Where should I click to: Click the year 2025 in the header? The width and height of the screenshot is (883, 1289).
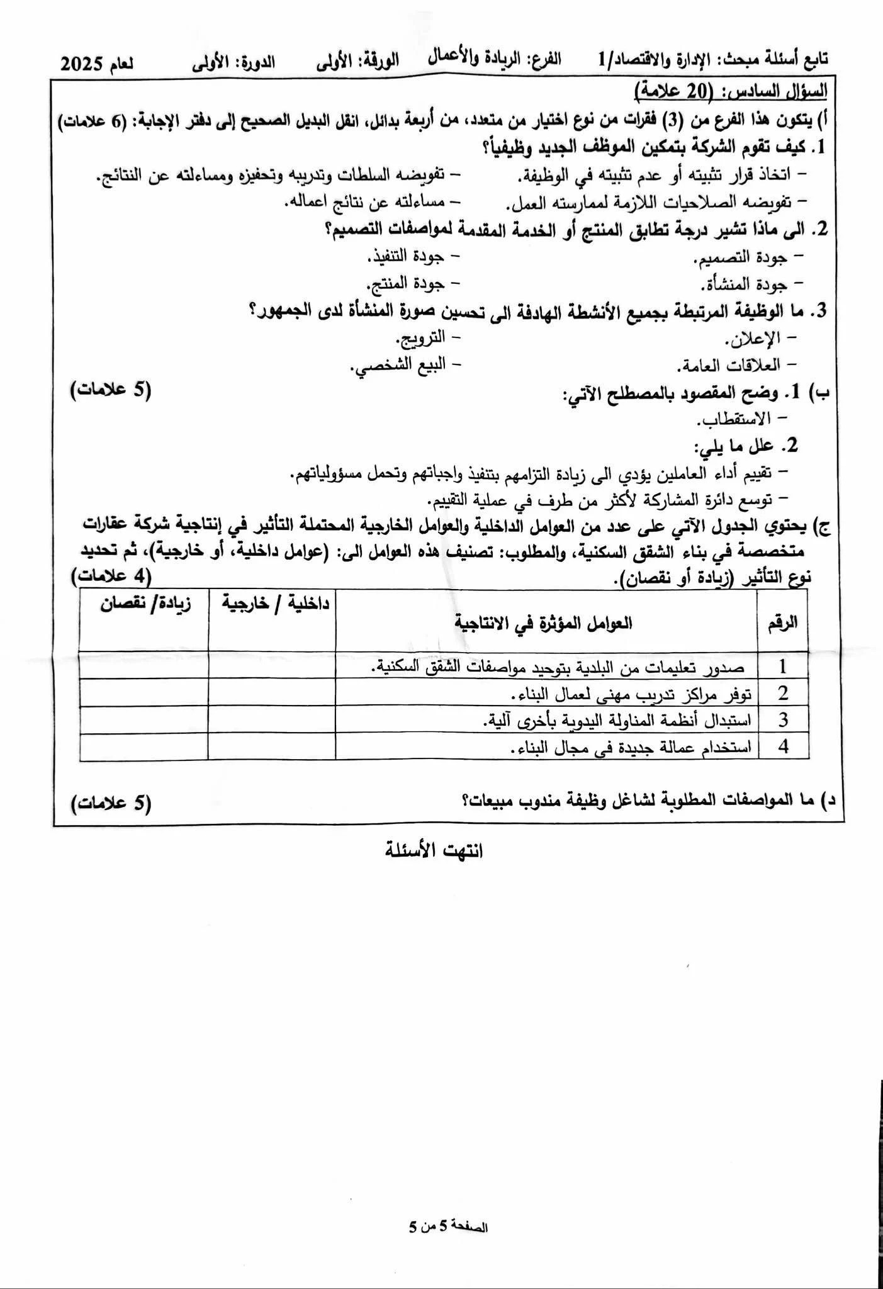86,64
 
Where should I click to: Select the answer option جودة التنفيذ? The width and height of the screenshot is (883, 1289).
406,257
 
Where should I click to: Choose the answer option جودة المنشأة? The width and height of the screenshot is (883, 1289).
743,284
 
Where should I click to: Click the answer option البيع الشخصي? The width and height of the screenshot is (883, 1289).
398,365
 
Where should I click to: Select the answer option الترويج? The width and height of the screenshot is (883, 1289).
420,338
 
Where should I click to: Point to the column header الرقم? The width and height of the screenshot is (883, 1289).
783,622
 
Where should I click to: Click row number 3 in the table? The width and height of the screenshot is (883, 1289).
783,720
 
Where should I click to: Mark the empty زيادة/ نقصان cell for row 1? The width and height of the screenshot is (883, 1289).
144,666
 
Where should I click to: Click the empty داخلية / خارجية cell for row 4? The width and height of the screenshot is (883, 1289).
271,747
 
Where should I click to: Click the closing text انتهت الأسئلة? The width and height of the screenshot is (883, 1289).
434,851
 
